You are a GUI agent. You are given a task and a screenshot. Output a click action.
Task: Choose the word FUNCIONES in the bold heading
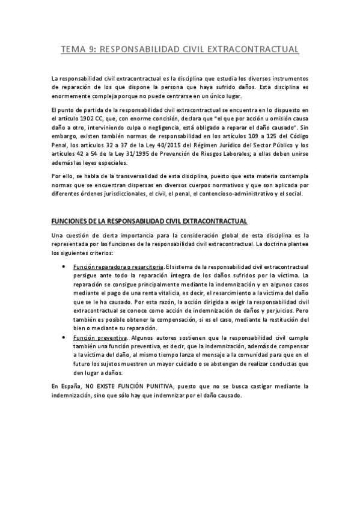(70, 223)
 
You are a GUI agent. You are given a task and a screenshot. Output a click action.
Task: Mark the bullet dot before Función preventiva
(65, 339)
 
